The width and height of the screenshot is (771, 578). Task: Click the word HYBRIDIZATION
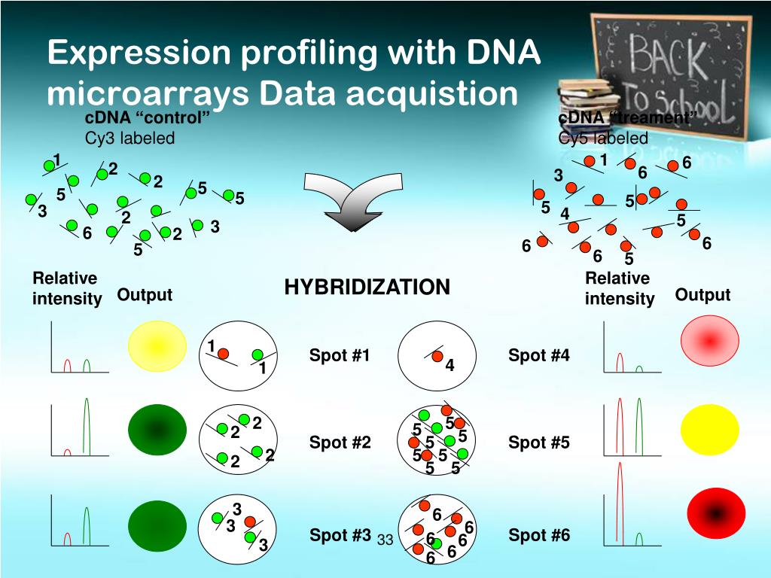[367, 287]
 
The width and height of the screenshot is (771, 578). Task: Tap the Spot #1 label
[340, 355]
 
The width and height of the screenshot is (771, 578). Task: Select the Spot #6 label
[539, 536]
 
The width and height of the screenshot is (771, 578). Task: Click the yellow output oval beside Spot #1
[157, 345]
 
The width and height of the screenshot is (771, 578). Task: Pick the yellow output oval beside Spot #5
[709, 429]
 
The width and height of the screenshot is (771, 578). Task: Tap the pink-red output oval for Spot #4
[709, 341]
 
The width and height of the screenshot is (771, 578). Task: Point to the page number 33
[385, 540]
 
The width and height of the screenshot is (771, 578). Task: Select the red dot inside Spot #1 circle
[224, 352]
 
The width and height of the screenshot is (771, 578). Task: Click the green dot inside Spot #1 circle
[258, 354]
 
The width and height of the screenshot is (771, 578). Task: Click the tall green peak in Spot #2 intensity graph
[86, 425]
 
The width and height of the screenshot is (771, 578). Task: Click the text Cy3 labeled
[130, 138]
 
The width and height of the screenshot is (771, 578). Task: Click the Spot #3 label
[340, 536]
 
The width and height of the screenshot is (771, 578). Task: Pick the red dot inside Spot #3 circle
[250, 521]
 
